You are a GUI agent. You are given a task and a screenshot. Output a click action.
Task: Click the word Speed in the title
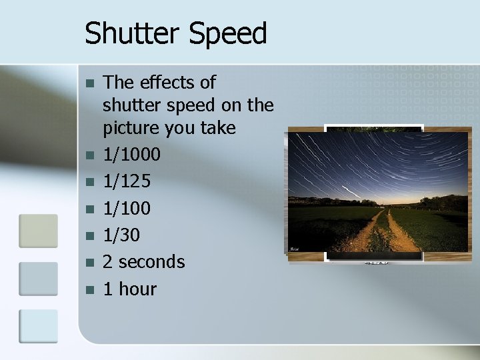pyautogui.click(x=229, y=33)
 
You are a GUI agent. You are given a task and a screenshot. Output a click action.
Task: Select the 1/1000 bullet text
pyautogui.click(x=132, y=155)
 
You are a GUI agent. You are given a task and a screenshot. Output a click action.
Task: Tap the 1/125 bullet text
pyautogui.click(x=127, y=181)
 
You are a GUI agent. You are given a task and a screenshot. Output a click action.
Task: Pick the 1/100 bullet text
pyautogui.click(x=127, y=208)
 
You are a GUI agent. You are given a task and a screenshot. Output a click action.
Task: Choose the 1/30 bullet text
pyautogui.click(x=121, y=235)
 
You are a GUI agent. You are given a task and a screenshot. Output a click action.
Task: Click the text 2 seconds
pyautogui.click(x=144, y=261)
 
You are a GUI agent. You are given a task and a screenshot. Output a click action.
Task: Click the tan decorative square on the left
pyautogui.click(x=38, y=231)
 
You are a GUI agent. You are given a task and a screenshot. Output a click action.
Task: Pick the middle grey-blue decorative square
pyautogui.click(x=38, y=279)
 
